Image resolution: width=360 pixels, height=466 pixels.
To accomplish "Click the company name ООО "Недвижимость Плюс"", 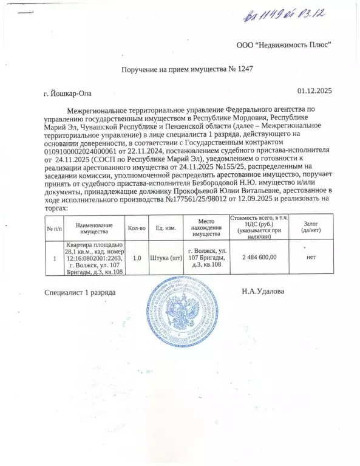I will pos(284,46).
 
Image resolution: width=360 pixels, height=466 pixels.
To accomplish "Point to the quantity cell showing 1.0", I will pos(137,258).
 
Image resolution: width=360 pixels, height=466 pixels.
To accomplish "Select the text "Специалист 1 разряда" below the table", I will pos(80,292).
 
